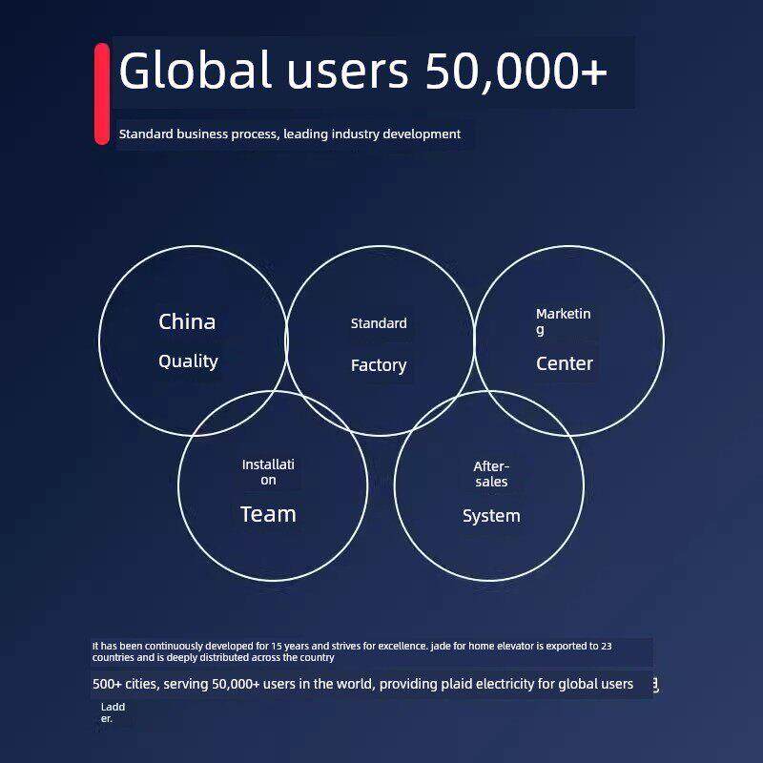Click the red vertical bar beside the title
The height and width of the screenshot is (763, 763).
click(x=102, y=93)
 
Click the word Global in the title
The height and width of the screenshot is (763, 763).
click(x=195, y=70)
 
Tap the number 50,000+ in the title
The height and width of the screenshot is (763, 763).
click(x=516, y=71)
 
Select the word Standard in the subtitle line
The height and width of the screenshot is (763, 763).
click(x=146, y=134)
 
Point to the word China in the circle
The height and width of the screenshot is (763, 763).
click(x=187, y=321)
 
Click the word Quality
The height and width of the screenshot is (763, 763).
click(x=188, y=361)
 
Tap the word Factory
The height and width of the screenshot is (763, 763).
click(x=379, y=365)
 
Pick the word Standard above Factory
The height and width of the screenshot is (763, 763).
click(x=379, y=323)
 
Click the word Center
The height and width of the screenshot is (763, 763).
click(x=565, y=363)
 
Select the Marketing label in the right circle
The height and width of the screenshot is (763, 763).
click(x=563, y=321)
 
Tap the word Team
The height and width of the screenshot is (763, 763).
click(x=268, y=514)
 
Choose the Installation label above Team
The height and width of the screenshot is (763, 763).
click(x=268, y=472)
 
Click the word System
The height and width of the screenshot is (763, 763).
click(x=491, y=516)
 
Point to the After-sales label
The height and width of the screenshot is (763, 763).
click(x=491, y=474)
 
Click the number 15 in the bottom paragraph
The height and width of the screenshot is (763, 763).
click(x=277, y=647)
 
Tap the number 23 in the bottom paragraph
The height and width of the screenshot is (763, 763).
click(x=607, y=647)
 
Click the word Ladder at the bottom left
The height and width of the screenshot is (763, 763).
click(x=113, y=712)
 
